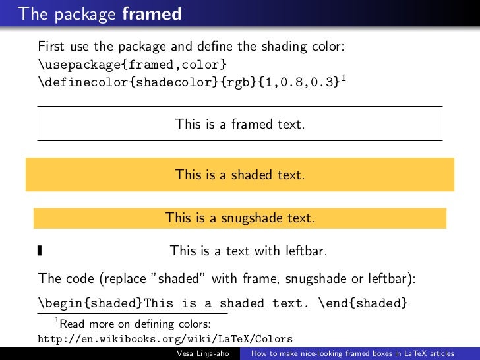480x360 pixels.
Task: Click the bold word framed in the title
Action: [152, 13]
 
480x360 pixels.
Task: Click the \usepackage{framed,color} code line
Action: [133, 65]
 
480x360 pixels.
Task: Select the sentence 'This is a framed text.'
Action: [240, 124]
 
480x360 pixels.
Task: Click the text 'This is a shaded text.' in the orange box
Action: [240, 175]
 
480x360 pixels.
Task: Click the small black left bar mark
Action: [40, 250]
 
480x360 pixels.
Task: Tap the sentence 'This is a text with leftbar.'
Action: [249, 251]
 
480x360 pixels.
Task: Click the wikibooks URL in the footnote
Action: [165, 339]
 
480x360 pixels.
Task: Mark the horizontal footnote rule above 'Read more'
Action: [132, 313]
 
